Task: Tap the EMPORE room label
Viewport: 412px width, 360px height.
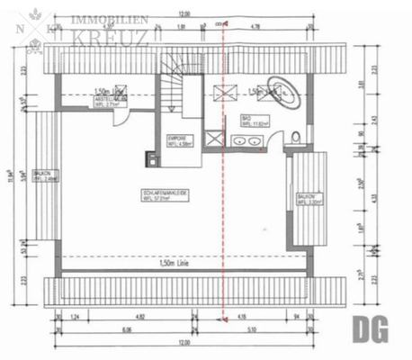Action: (x=177, y=139)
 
